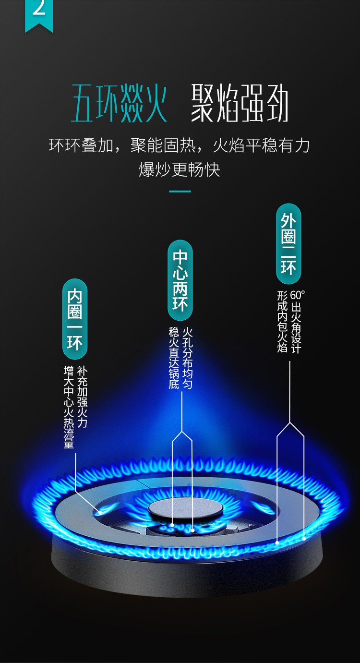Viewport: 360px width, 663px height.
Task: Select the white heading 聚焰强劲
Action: (240, 104)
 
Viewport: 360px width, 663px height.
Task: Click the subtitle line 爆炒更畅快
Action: (180, 169)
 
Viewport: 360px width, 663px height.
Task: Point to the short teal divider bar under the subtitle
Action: (180, 191)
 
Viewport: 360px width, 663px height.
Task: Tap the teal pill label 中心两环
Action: (180, 280)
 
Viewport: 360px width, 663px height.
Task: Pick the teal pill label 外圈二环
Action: (288, 243)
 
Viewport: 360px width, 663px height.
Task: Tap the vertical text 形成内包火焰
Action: (282, 322)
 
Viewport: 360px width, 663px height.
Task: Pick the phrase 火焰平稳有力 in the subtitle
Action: (262, 145)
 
